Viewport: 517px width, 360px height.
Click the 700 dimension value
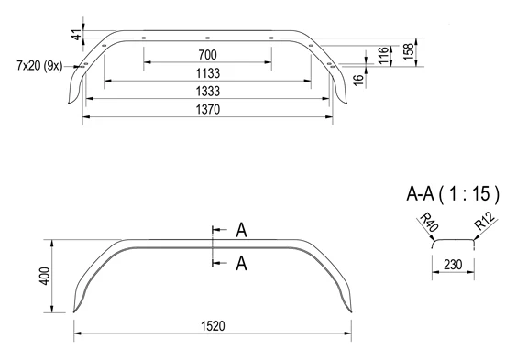pyautogui.click(x=207, y=55)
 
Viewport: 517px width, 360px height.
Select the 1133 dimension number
pyautogui.click(x=208, y=73)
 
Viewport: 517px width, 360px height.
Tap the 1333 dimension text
pyautogui.click(x=208, y=91)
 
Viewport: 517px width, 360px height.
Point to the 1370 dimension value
pyautogui.click(x=208, y=109)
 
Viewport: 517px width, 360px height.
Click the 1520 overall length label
pyautogui.click(x=213, y=326)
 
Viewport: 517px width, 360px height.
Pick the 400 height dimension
pyautogui.click(x=46, y=276)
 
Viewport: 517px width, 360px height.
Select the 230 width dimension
pyautogui.click(x=453, y=265)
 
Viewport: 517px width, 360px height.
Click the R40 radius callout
pyautogui.click(x=429, y=223)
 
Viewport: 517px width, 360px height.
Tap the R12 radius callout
pyautogui.click(x=485, y=221)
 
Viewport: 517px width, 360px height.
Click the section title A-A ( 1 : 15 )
pyautogui.click(x=453, y=193)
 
